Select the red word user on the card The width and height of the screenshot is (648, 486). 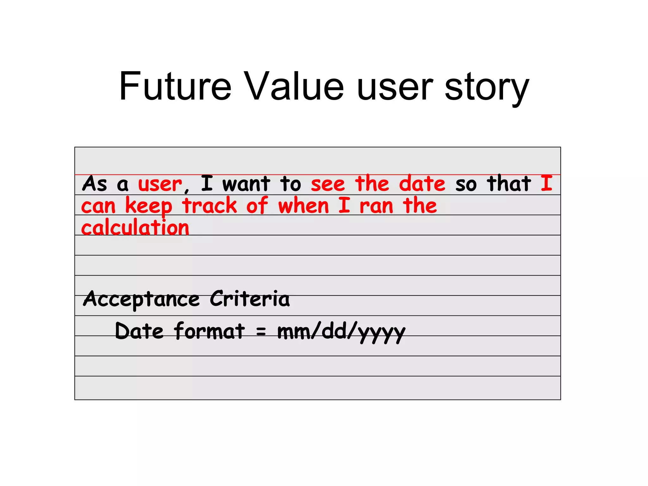(x=160, y=184)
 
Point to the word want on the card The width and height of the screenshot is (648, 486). (x=246, y=184)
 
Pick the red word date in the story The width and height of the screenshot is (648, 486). (x=422, y=184)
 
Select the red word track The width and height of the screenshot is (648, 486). (x=209, y=206)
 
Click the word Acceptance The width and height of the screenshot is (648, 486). (x=141, y=299)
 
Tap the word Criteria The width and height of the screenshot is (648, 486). (x=250, y=299)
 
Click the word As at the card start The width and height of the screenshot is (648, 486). (x=95, y=184)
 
